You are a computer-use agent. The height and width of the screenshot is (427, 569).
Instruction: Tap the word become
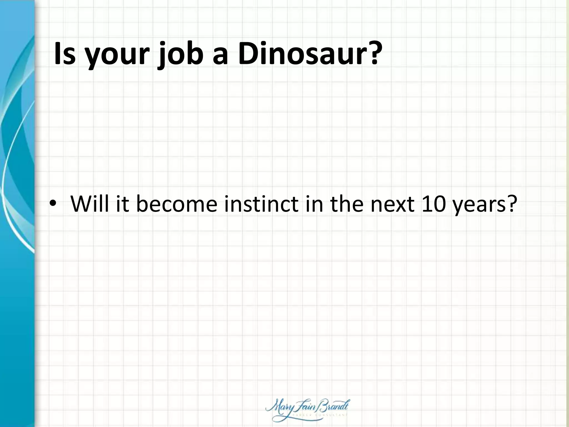pyautogui.click(x=176, y=204)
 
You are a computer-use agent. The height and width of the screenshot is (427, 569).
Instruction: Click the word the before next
pyautogui.click(x=347, y=204)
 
